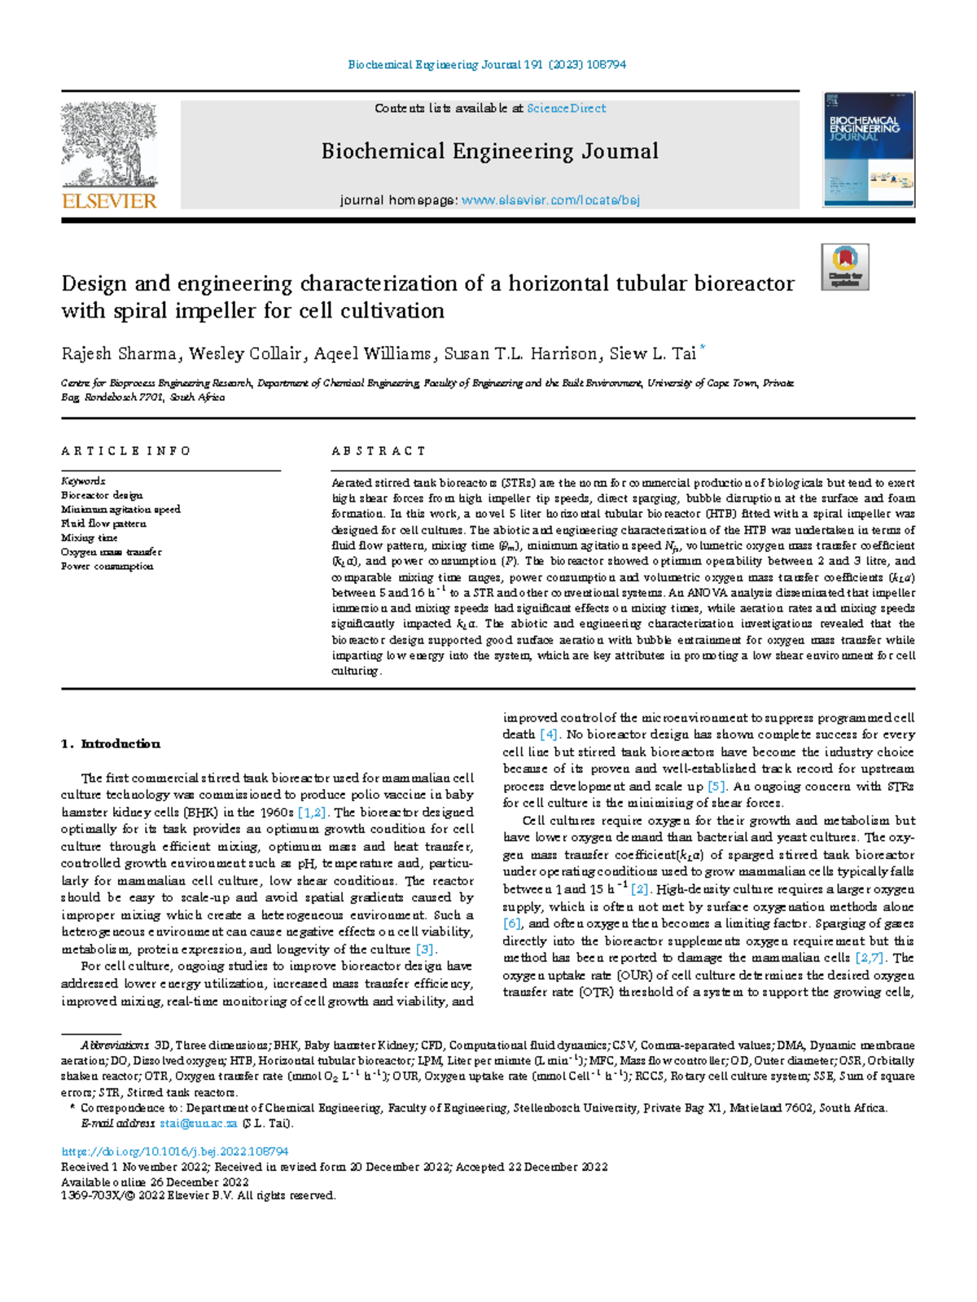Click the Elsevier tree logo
click(109, 155)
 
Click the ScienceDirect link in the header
click(566, 108)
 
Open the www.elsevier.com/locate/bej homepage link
click(550, 200)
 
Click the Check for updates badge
click(844, 266)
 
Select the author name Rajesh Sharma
click(119, 353)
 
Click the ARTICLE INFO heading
click(125, 451)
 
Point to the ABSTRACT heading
click(379, 451)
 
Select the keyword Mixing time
click(89, 537)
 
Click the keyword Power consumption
click(107, 566)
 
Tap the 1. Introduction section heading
click(111, 743)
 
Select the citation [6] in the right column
click(512, 923)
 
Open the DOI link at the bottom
click(175, 1151)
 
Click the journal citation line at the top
click(487, 64)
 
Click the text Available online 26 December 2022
click(155, 1181)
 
